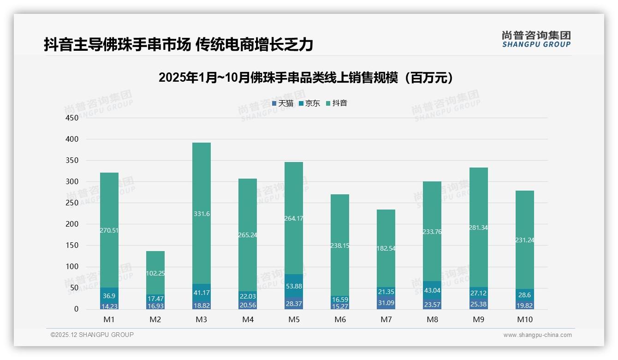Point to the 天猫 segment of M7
tap(386, 303)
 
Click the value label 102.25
tap(155, 273)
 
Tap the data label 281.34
tap(478, 228)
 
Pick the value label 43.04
tap(432, 290)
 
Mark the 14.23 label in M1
tap(109, 306)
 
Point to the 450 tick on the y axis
tap(72, 118)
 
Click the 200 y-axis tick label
tap(72, 224)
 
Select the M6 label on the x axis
tap(340, 319)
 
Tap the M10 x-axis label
tap(524, 319)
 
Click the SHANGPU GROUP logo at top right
tap(536, 39)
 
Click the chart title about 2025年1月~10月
tap(306, 78)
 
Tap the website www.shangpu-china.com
tap(537, 335)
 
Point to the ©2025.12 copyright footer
tap(92, 335)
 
